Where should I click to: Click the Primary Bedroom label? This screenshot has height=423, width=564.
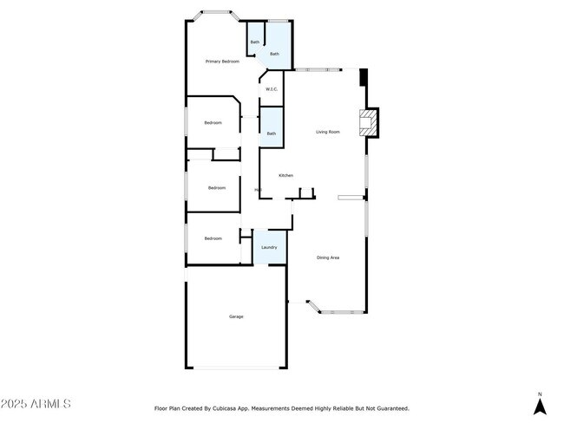(x=222, y=62)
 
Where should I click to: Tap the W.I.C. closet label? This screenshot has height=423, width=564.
(x=271, y=89)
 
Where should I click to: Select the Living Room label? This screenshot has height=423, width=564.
(x=327, y=132)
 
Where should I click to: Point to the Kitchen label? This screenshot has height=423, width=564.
(x=285, y=175)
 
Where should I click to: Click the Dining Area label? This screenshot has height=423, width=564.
(x=327, y=257)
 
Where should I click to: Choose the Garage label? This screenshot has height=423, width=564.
(x=236, y=316)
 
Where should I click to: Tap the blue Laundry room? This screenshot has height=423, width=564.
(x=269, y=248)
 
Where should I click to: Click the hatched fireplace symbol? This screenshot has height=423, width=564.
(x=371, y=122)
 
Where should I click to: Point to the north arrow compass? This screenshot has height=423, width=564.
(x=539, y=405)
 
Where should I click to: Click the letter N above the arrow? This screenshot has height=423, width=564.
(x=539, y=393)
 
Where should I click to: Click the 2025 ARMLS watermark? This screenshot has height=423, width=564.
(x=36, y=404)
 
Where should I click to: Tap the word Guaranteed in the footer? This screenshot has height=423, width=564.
(x=391, y=407)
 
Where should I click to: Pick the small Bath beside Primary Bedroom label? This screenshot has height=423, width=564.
(x=255, y=42)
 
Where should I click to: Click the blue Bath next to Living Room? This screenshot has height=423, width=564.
(x=272, y=133)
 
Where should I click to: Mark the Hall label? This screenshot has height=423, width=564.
(x=258, y=190)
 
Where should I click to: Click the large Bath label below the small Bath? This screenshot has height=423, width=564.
(x=274, y=54)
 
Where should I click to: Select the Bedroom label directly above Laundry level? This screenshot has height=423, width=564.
(x=213, y=238)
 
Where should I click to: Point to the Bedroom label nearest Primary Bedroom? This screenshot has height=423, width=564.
(x=213, y=123)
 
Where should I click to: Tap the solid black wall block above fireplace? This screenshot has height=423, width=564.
(x=364, y=78)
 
